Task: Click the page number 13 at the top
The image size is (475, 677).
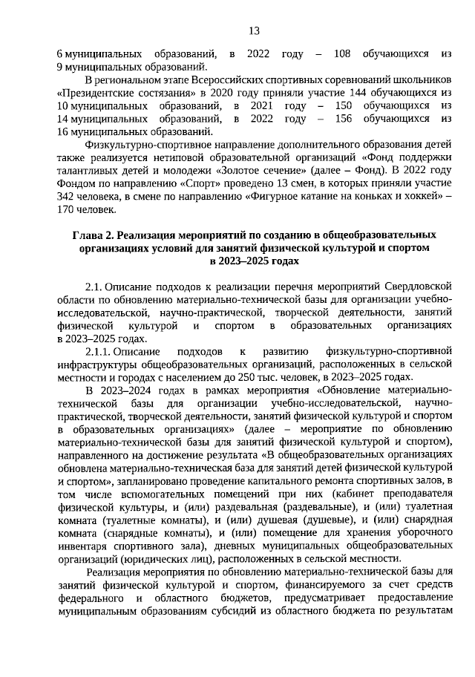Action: coord(254,30)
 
